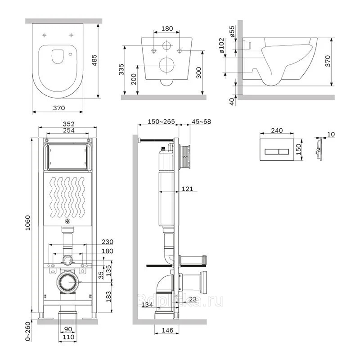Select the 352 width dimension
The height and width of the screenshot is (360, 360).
tap(68, 124)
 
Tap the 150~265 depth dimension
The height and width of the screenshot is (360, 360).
tap(156, 121)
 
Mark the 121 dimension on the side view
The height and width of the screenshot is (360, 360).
tap(188, 189)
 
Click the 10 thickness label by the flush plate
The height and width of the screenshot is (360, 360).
tap(332, 134)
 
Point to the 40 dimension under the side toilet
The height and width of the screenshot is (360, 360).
tap(231, 101)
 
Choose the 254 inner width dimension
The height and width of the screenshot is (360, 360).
tap(68, 130)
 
